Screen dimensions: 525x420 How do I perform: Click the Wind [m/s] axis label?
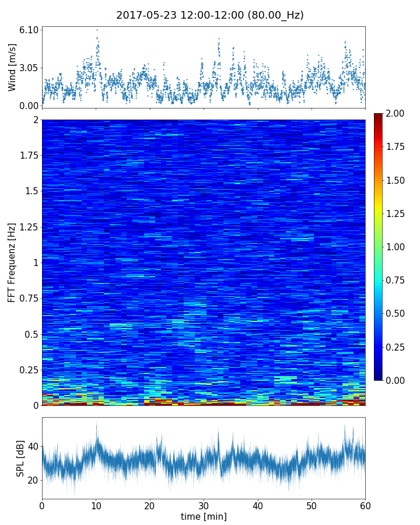tap(12, 67)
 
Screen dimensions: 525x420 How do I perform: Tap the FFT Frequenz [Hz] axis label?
tap(12, 262)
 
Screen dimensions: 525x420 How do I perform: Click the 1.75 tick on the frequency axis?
tap(27, 155)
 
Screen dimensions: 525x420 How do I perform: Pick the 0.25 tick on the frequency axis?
tap(27, 370)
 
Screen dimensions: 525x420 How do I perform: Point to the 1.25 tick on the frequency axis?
tap(27, 227)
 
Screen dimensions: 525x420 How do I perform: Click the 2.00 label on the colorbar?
tap(396, 113)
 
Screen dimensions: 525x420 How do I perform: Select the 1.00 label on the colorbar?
tap(396, 247)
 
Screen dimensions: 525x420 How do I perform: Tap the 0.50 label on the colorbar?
tap(396, 314)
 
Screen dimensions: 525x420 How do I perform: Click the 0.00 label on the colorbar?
tap(396, 380)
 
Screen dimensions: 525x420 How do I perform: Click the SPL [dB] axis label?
tap(20, 458)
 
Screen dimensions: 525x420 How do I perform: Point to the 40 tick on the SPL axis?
tap(33, 447)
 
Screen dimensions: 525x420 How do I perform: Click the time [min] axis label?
tap(204, 516)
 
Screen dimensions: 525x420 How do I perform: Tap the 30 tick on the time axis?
tap(204, 505)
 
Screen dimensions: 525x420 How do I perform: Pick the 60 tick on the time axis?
tap(365, 505)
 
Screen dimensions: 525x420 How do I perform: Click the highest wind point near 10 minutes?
tap(97, 30)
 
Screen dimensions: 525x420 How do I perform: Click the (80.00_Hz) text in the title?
tap(274, 16)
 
